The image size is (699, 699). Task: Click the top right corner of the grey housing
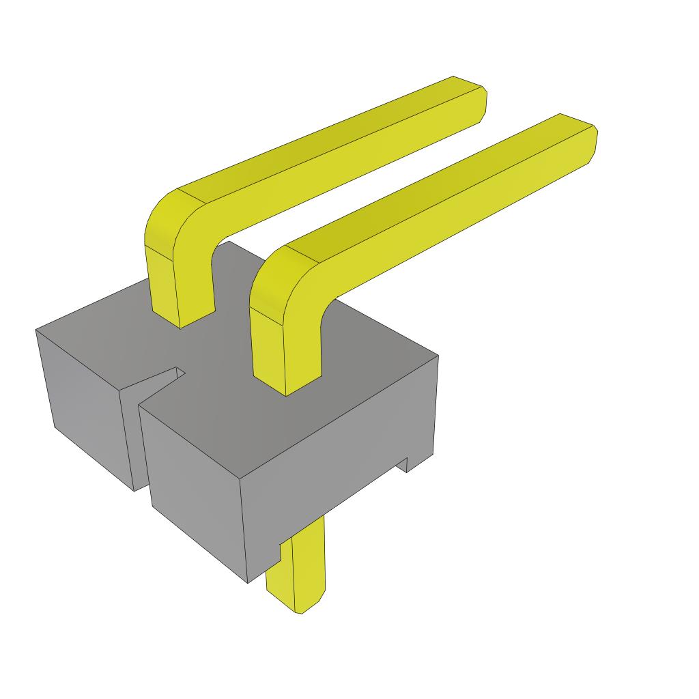coord(437,356)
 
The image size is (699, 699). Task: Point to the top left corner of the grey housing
coord(37,330)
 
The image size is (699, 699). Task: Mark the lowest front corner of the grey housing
coord(248,582)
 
